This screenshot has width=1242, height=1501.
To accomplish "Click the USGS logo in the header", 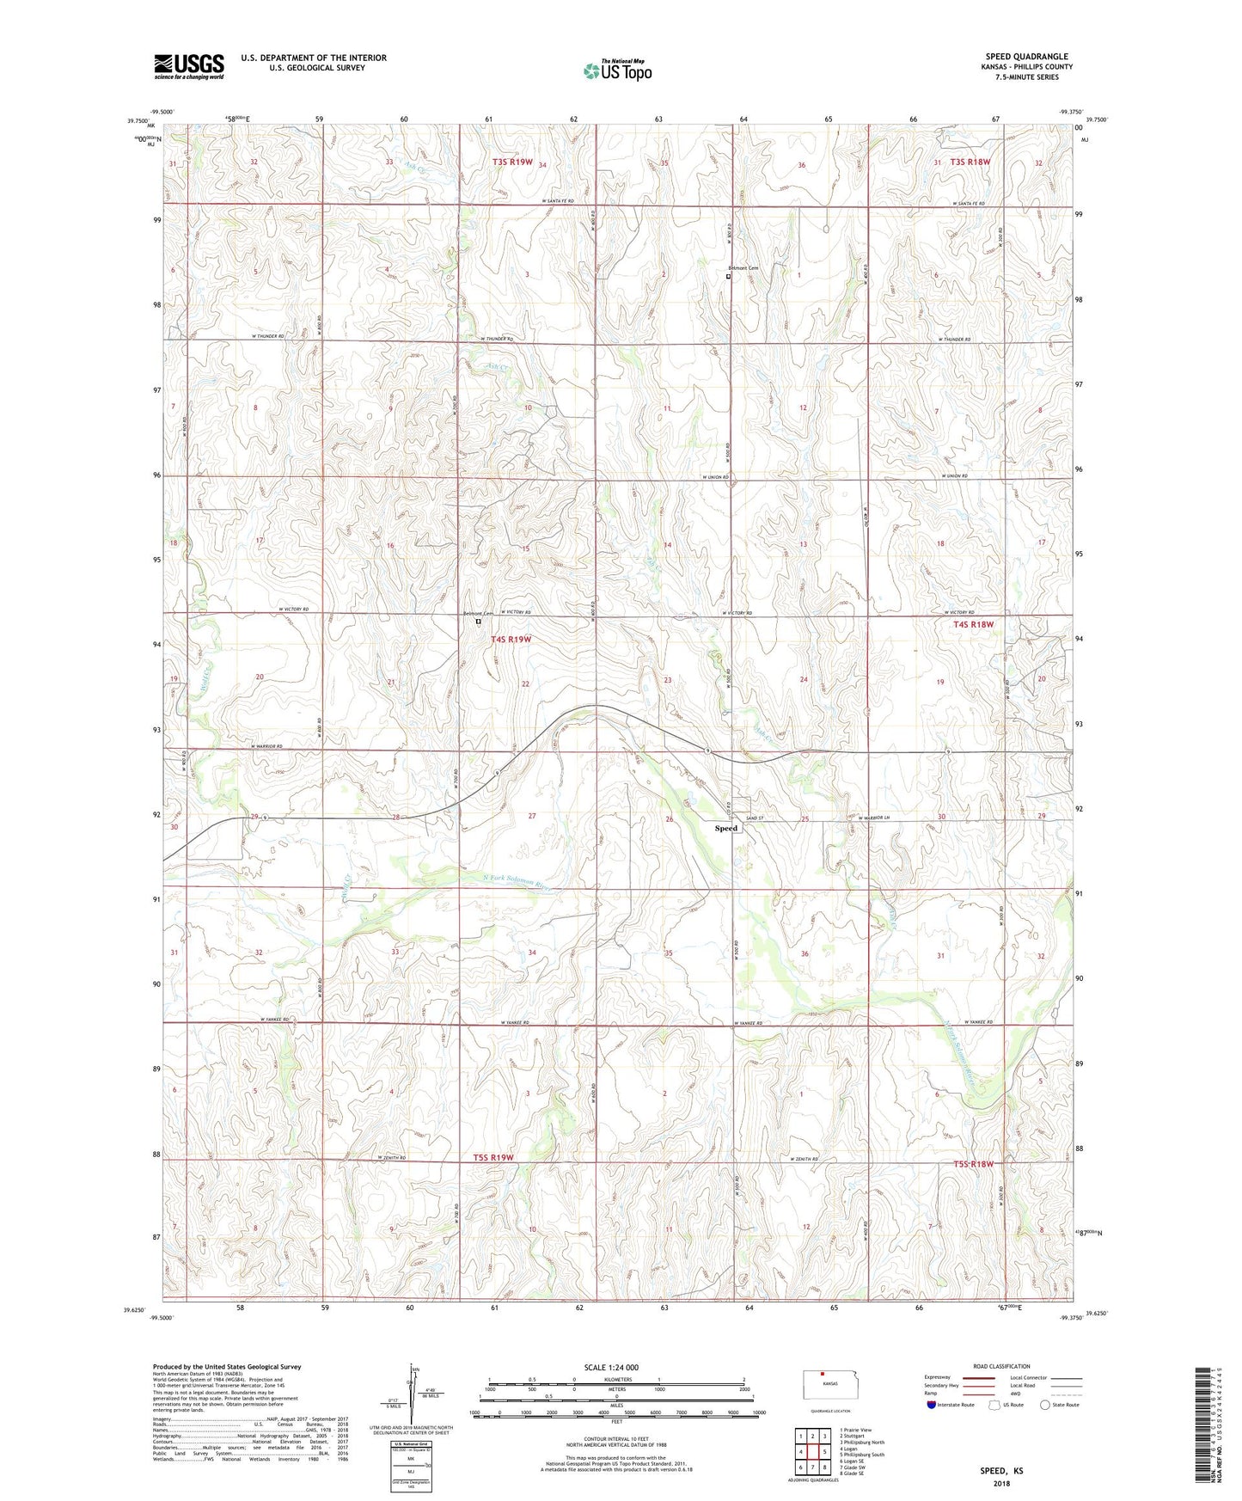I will coord(188,66).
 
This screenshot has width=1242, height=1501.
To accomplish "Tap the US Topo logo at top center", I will coord(616,70).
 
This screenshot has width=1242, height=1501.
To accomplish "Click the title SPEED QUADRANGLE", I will coord(1026,57).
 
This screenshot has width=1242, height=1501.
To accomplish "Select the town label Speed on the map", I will coord(726,828).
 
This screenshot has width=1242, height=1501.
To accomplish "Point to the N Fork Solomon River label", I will coord(515,881).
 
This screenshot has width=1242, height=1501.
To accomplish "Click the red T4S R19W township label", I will coord(511,640).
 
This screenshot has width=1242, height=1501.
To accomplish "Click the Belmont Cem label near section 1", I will coord(743,268).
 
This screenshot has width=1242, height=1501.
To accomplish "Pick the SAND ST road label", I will coord(754,818).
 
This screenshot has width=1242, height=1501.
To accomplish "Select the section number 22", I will coord(526,683).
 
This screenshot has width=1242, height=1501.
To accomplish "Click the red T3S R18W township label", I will coord(972,162).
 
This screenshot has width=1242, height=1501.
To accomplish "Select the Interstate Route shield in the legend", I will coord(932,1405).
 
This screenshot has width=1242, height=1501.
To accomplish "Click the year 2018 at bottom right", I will coord(1001,1483).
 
